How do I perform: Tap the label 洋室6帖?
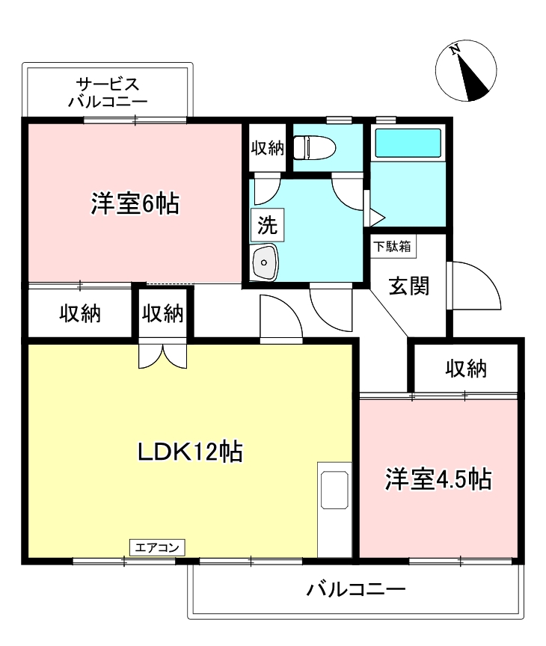[x=135, y=203]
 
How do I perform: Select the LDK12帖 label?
[x=188, y=452]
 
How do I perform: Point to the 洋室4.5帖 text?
[x=438, y=480]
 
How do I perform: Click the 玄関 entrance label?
[x=409, y=286]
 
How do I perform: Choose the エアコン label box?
[x=157, y=547]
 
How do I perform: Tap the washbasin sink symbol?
[x=265, y=262]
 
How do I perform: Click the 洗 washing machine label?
[x=266, y=226]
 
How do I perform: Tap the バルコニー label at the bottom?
[x=356, y=589]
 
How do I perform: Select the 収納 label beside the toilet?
[x=267, y=148]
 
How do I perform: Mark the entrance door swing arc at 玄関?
[x=476, y=286]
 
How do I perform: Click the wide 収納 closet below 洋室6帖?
[x=80, y=314]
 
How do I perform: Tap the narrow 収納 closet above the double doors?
[x=163, y=314]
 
